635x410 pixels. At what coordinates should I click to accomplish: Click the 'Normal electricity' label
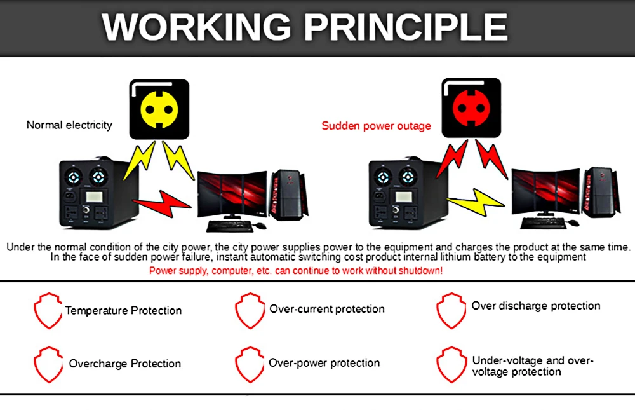69,125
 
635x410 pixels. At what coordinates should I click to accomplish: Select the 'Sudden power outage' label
376,125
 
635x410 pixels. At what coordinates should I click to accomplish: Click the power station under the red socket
404,194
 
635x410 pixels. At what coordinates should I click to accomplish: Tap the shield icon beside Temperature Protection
48,311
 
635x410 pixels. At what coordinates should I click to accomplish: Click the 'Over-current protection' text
327,309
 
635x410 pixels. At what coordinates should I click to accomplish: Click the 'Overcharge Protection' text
125,364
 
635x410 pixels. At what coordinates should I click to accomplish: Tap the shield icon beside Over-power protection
249,364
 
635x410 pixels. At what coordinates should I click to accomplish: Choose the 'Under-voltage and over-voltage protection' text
532,366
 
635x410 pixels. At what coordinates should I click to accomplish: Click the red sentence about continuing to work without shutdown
295,270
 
